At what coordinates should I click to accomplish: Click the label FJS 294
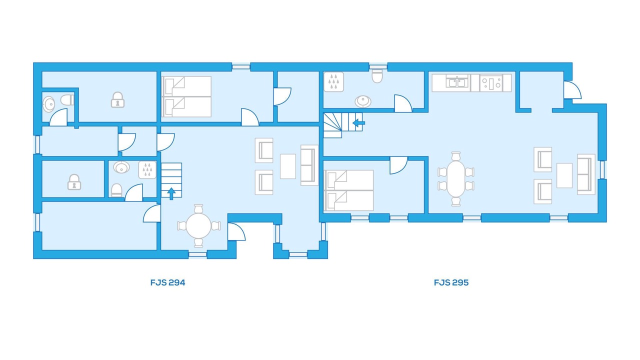pos(167,282)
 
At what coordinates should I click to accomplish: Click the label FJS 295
pos(451,282)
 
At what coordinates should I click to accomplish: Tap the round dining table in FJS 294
pos(198,225)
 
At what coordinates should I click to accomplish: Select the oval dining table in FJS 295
pos(456,179)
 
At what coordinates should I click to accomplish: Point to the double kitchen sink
pos(457,83)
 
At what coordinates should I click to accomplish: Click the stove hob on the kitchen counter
pos(491,83)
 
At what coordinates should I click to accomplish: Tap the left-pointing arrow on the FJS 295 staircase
pos(359,123)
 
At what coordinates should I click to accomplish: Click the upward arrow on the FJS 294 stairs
pos(171,193)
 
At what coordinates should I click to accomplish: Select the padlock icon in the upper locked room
pos(117,99)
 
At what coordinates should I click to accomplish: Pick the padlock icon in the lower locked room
pos(74,182)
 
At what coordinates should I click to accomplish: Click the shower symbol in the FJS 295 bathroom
pos(333,81)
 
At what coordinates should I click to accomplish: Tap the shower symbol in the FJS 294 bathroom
pos(147,170)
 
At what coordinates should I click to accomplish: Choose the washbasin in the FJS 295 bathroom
pos(363,101)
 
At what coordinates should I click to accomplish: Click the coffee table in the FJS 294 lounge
pos(287,166)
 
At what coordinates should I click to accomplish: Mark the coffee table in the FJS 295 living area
pos(564,175)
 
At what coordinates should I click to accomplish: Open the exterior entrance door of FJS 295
pos(572,90)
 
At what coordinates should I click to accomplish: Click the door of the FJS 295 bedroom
pos(398,165)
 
